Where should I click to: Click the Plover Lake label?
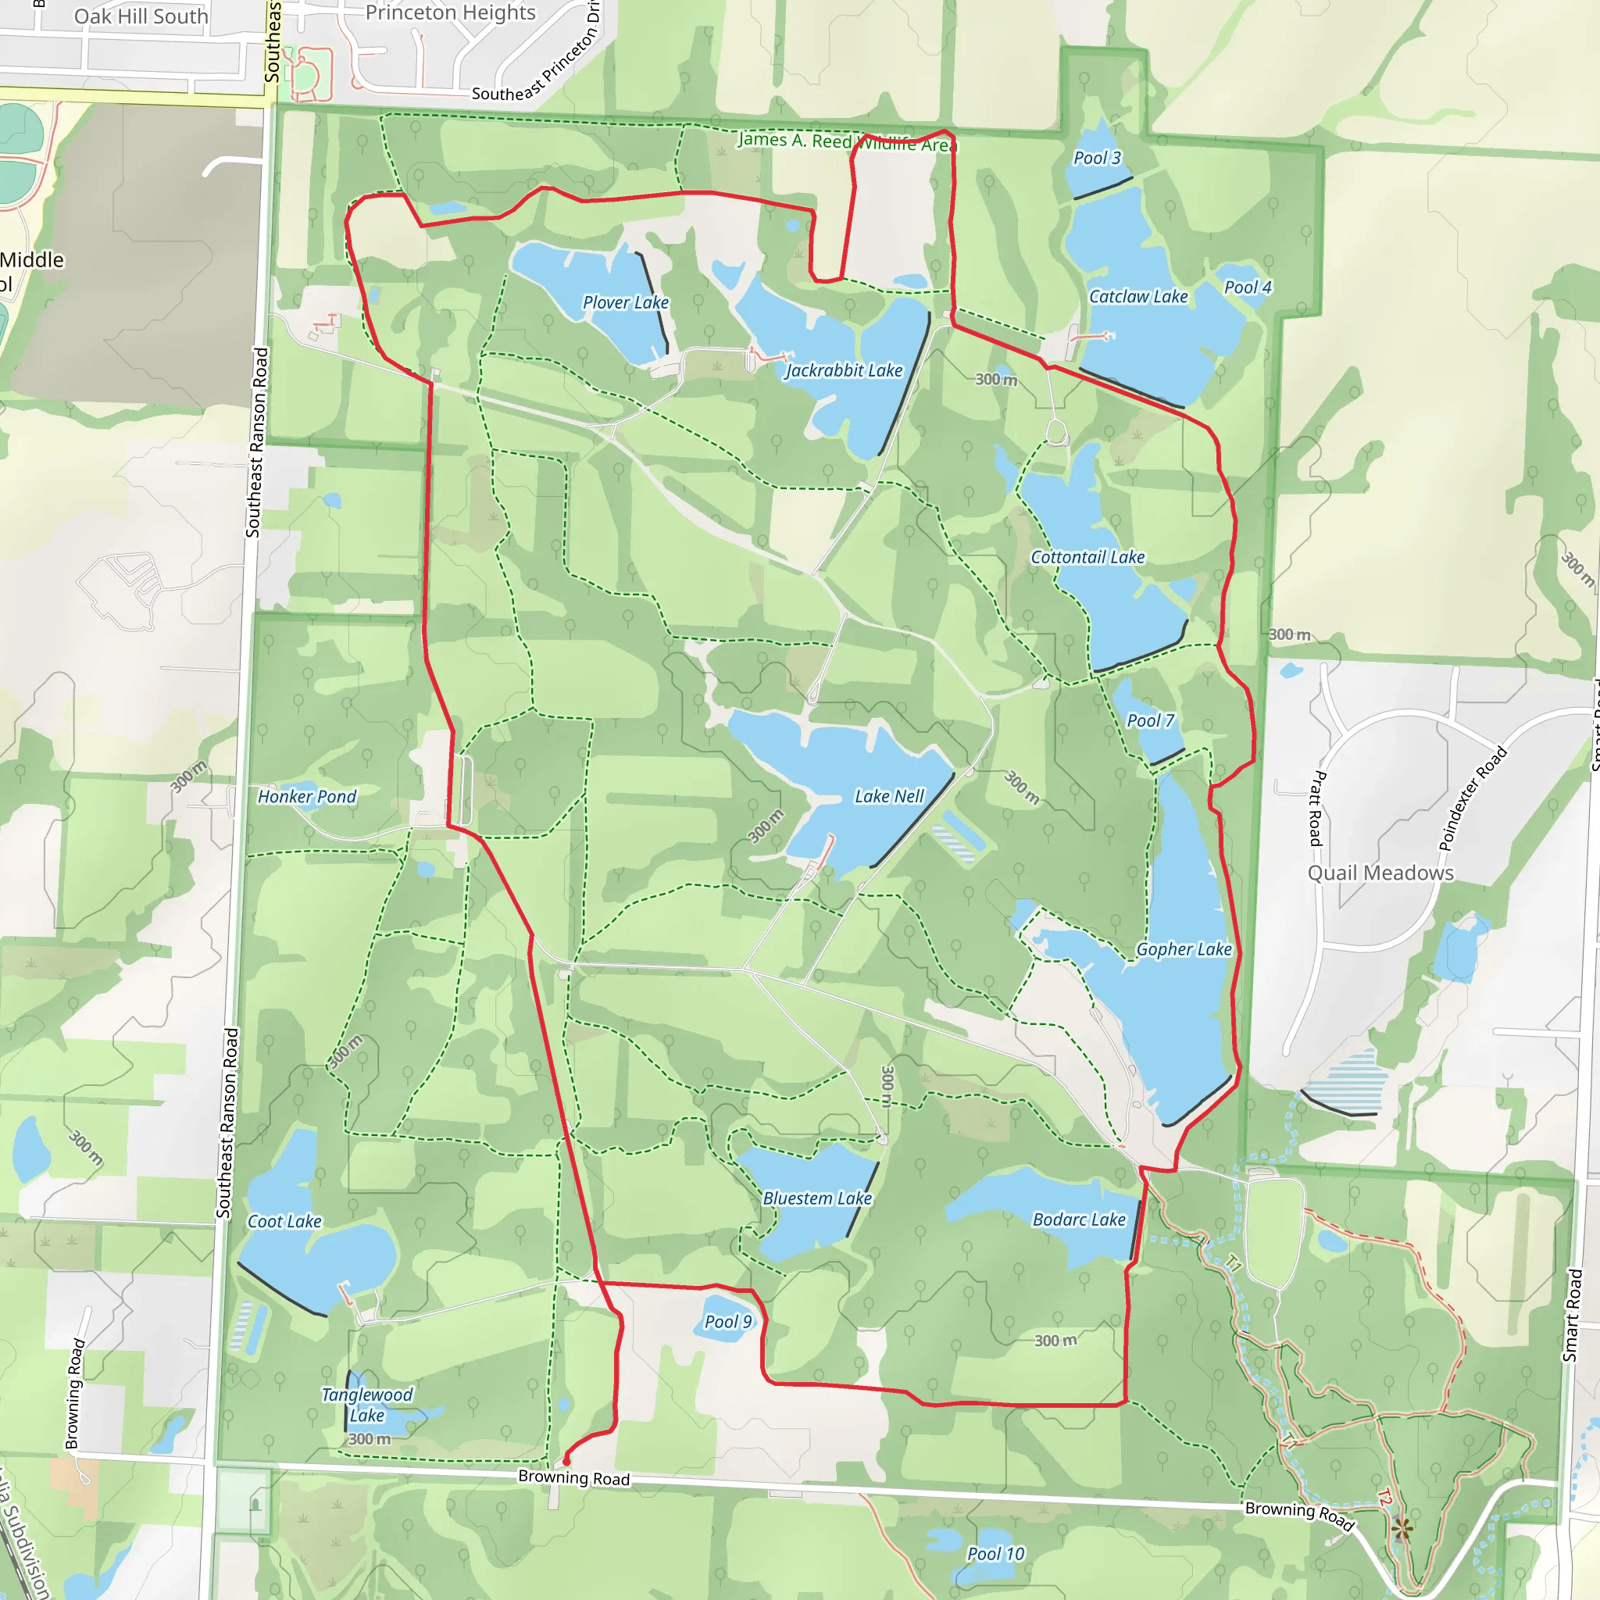pos(625,303)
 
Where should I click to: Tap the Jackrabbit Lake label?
pos(843,371)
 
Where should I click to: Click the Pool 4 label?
pos(1247,287)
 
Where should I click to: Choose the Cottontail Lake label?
pos(1087,557)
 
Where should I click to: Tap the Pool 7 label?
pos(1150,720)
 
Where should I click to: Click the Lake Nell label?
pos(888,796)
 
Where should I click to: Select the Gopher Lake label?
pos(1184,949)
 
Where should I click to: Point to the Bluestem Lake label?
pos(817,1198)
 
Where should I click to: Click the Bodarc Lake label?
pos(1079,1219)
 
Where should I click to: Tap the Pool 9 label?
pos(728,1322)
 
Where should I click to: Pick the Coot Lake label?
pos(284,1222)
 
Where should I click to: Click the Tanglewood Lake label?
pos(367,1405)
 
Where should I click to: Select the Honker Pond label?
pos(306,797)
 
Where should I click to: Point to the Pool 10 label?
pos(995,1554)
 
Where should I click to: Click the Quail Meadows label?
pos(1380,873)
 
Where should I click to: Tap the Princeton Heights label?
pos(451,12)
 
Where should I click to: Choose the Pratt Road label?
pos(1316,809)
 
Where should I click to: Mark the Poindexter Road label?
pos(1473,798)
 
